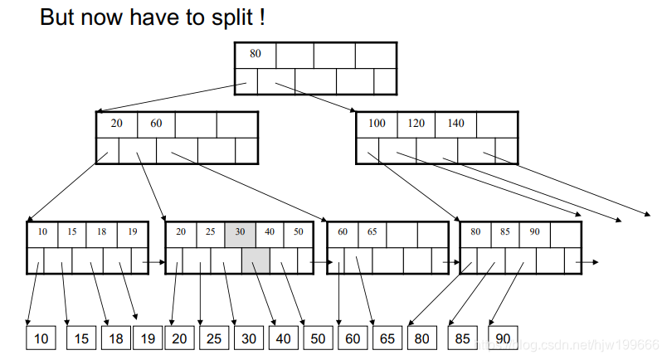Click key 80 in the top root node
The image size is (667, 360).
point(256,54)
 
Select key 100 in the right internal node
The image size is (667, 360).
point(377,124)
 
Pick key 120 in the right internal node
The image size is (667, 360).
point(416,124)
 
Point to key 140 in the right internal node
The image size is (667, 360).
point(455,124)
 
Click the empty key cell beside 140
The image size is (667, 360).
point(496,124)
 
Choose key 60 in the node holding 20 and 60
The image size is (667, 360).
point(156,124)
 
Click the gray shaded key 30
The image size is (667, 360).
point(240,233)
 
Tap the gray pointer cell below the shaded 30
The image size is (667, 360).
point(256,260)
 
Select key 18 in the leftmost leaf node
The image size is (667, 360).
point(102,233)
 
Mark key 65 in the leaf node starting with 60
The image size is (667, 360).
point(372,233)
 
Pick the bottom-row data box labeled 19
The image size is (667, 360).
point(148,338)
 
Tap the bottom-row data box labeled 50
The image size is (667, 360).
point(317,338)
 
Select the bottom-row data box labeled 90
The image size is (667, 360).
point(503,338)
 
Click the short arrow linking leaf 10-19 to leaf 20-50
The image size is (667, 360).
point(154,262)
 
